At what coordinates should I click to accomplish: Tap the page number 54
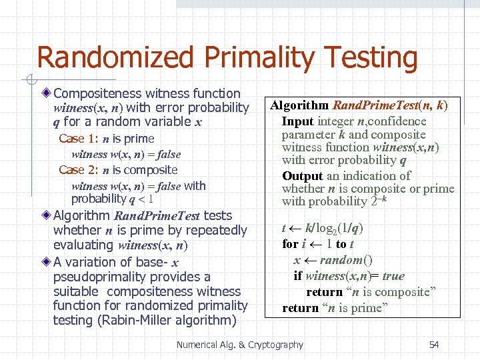434,345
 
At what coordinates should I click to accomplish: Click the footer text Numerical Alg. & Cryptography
239,345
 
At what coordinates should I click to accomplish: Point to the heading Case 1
77,139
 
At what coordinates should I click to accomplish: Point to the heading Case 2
77,170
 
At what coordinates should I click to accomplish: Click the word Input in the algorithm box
297,121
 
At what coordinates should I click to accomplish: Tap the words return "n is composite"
371,292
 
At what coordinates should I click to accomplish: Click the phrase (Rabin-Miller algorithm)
145,321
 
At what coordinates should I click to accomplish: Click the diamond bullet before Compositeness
46,93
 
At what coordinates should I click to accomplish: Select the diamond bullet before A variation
46,261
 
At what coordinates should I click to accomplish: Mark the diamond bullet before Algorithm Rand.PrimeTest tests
46,215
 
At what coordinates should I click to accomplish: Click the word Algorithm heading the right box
299,105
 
